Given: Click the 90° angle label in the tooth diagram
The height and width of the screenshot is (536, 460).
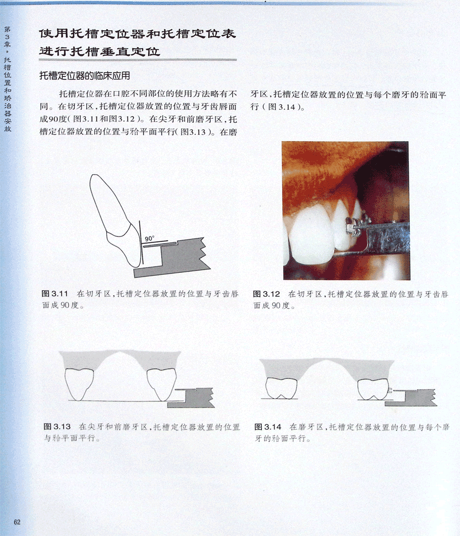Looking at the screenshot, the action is pos(149,239).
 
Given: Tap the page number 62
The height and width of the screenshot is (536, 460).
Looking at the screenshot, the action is pos(17,522).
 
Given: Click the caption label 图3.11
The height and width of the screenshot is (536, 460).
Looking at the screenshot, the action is pos(55,294).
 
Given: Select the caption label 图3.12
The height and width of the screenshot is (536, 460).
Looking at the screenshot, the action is pos(266,294).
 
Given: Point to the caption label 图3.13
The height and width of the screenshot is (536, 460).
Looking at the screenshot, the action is pos(57,427).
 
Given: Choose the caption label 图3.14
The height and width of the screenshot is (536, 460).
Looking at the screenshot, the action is pos(268,427).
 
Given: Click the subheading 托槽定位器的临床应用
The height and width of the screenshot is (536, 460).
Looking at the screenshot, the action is pos(85,75).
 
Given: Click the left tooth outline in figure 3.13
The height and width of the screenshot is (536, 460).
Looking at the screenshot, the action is pos(79,384).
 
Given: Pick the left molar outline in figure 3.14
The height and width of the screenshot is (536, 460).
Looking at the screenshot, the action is pos(281,388).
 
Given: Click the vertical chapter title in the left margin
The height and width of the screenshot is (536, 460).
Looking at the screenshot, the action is pos(7,79).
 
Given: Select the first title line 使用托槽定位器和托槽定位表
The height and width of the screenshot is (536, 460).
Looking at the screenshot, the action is pos(137,34).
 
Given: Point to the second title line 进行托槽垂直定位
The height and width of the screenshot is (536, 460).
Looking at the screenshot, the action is pos(99,52).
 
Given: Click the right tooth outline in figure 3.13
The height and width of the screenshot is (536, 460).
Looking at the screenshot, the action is pos(162,385).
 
